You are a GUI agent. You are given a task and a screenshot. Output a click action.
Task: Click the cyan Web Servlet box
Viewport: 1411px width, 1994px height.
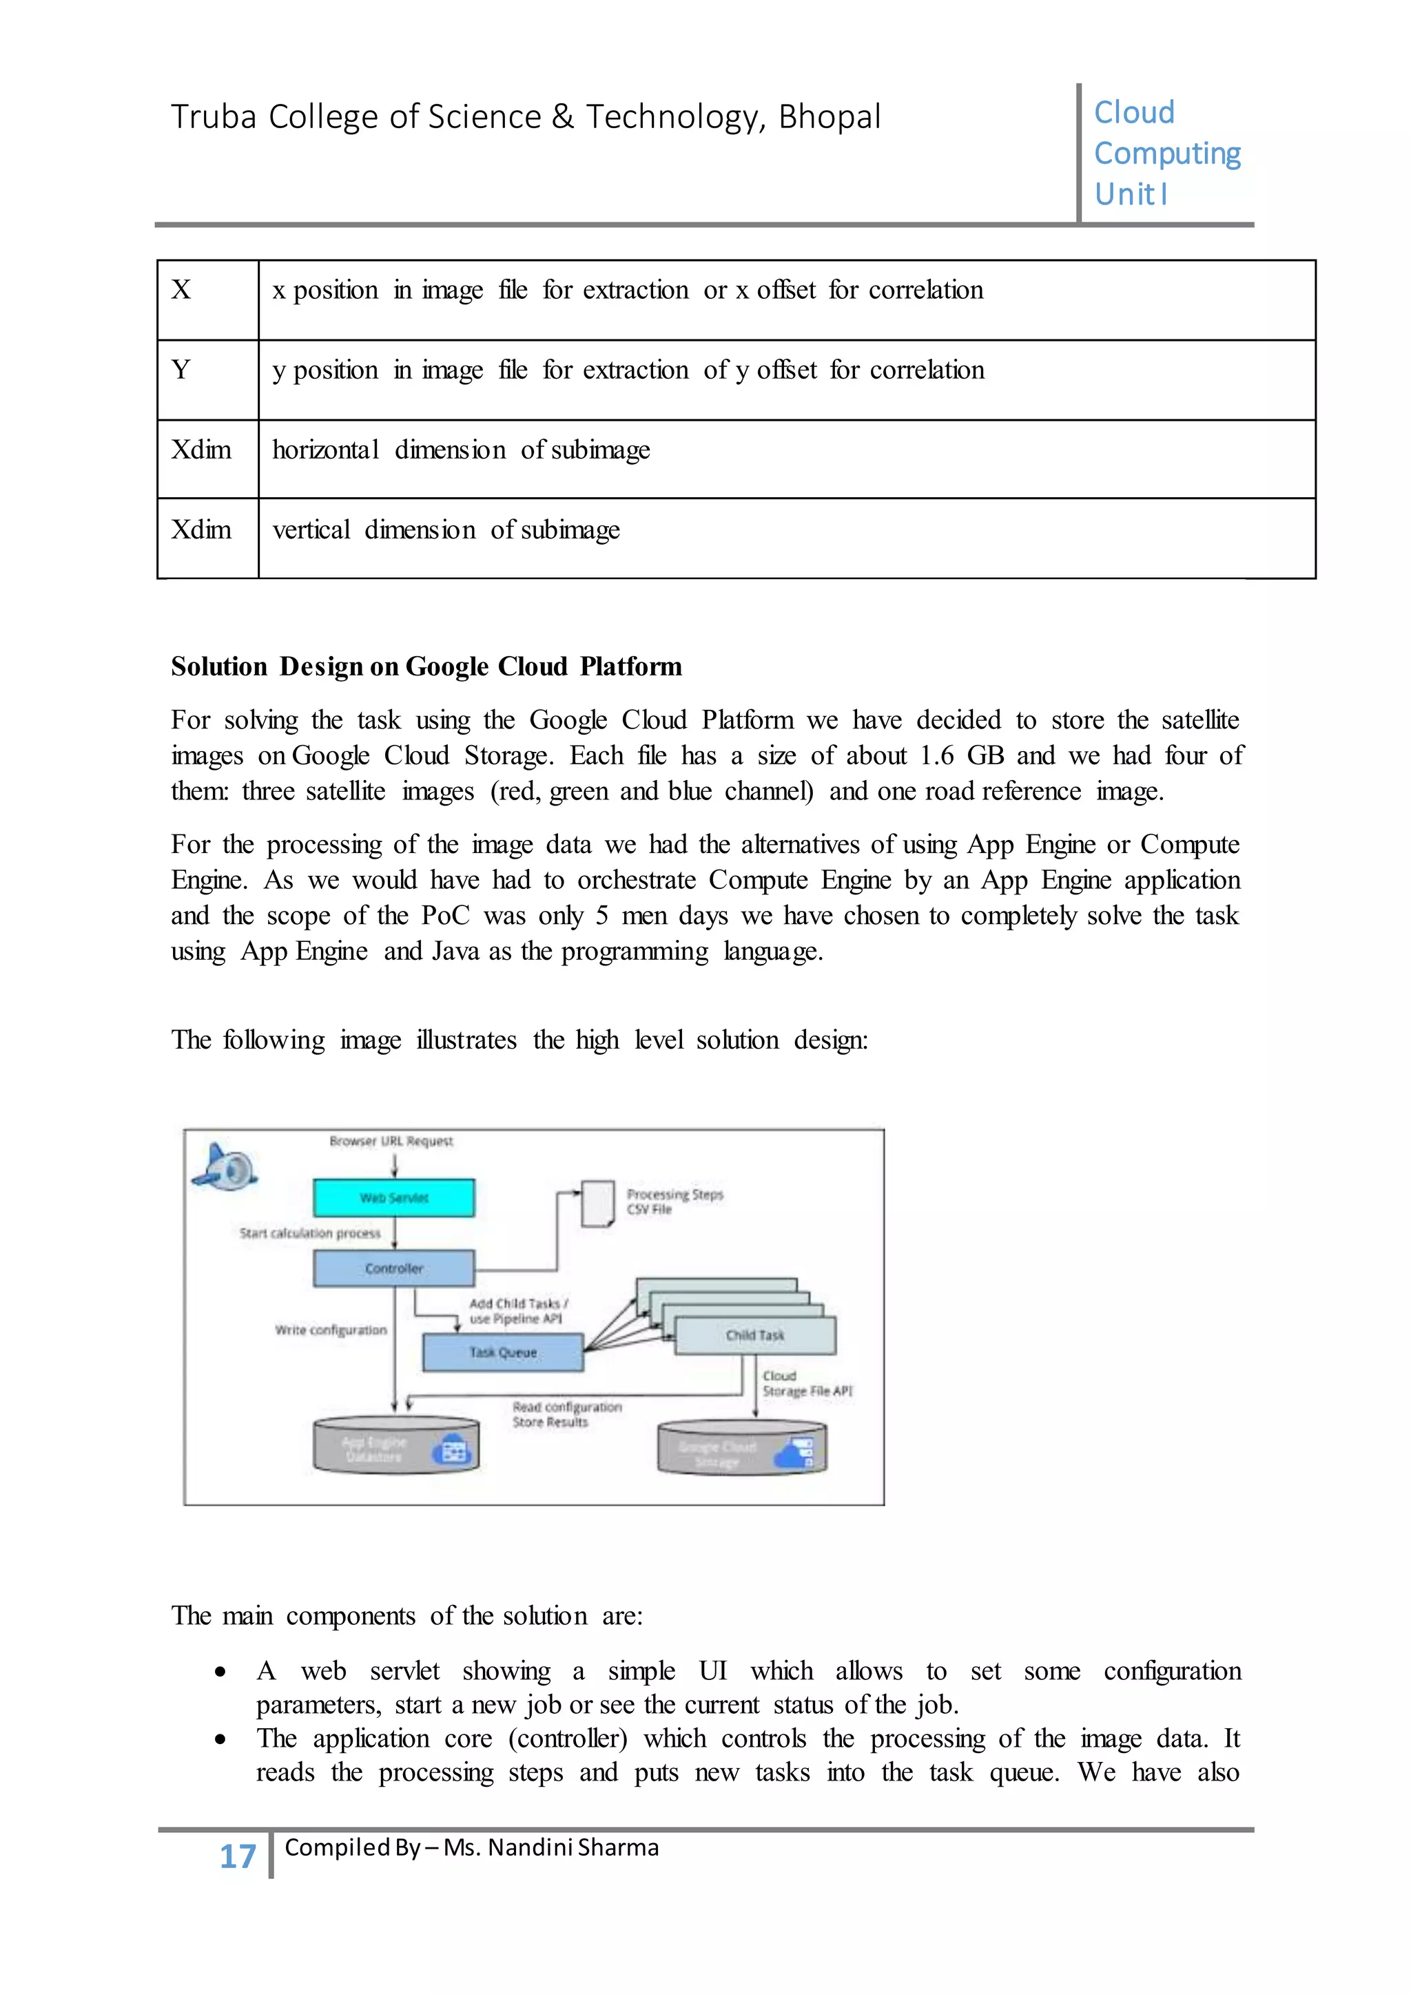click(393, 1197)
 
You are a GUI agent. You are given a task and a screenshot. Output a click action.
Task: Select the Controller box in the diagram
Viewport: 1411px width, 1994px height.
click(393, 1268)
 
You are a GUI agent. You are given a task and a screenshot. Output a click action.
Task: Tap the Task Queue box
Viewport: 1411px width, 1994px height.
click(502, 1352)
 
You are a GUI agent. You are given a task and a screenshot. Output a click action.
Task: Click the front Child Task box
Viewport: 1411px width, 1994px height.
click(755, 1336)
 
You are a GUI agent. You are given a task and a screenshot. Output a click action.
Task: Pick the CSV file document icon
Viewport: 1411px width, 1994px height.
click(597, 1204)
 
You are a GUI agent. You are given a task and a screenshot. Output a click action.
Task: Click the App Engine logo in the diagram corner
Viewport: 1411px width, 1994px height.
click(225, 1166)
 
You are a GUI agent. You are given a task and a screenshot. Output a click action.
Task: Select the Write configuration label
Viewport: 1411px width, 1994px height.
click(330, 1330)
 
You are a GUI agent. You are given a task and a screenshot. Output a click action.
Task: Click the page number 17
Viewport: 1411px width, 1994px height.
click(237, 1856)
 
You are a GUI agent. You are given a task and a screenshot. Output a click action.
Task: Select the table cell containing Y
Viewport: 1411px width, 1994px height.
click(207, 379)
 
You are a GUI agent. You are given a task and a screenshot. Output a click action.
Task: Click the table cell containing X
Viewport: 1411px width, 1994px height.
click(207, 299)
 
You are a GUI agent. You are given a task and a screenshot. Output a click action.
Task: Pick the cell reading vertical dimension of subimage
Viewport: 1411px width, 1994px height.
click(446, 529)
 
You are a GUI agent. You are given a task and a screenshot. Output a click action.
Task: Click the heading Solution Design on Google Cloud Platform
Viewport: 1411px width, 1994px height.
click(426, 666)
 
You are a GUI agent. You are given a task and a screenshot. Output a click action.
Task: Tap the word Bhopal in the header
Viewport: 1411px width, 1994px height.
click(829, 116)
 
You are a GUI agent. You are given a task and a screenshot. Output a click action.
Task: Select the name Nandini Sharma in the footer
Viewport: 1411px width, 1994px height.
click(573, 1847)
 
